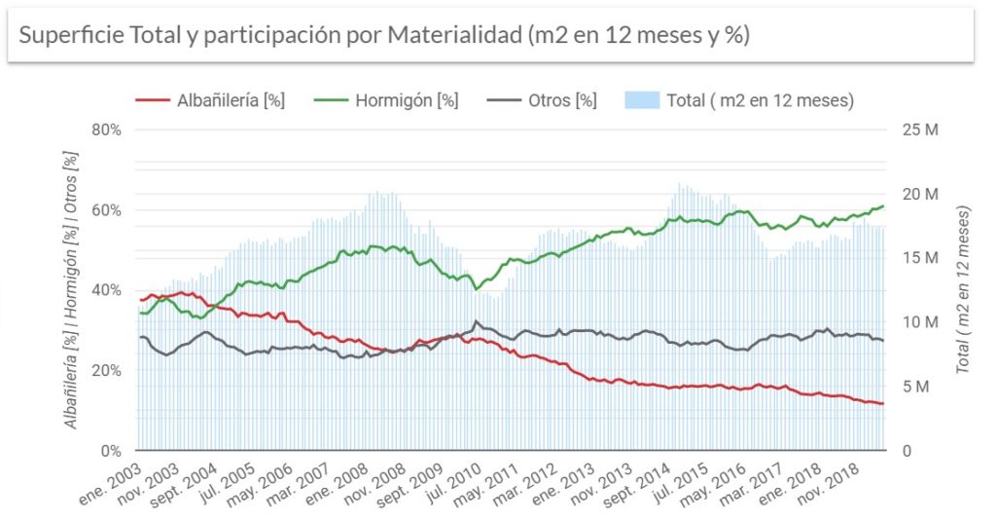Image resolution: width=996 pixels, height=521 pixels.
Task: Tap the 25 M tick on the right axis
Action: click(x=919, y=130)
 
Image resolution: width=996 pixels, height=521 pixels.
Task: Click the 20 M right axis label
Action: click(x=919, y=194)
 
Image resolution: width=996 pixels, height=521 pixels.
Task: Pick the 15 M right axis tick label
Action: click(x=919, y=258)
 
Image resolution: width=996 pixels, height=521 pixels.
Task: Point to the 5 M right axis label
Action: click(x=915, y=387)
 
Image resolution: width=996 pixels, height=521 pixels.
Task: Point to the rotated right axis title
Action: click(x=964, y=289)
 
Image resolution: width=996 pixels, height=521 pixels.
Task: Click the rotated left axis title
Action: click(x=71, y=289)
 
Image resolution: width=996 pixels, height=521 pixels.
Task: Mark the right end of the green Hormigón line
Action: click(x=882, y=206)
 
